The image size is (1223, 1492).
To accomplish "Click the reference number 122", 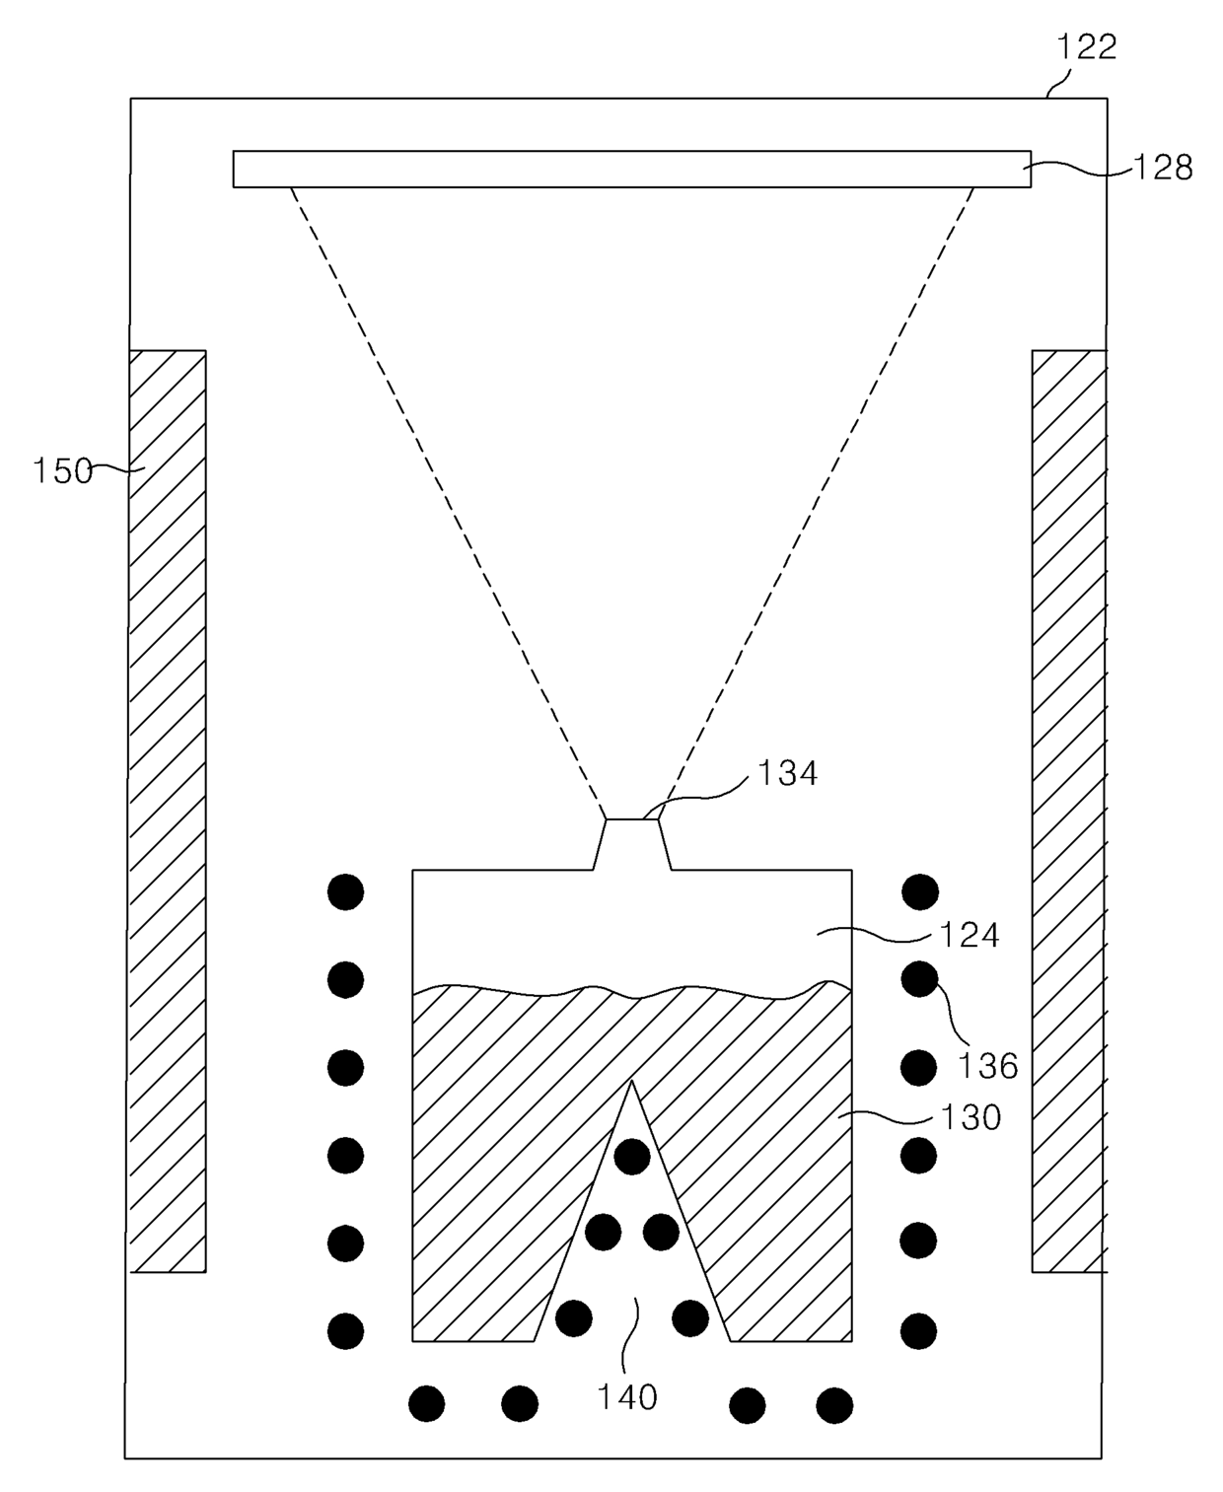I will point(1086,46).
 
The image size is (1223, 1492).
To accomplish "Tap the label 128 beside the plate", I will point(1163,169).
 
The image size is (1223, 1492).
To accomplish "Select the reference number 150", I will point(62,470).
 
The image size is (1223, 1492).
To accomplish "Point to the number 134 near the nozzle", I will point(787,773).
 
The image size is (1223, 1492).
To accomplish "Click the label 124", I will point(971,934).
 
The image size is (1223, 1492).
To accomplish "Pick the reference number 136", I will point(988,1065).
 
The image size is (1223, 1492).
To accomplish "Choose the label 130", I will point(971,1117).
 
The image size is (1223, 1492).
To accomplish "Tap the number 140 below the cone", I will point(627,1396).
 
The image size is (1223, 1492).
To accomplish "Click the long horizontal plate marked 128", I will point(631,169).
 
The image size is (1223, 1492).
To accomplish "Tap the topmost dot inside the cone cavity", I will point(632,1156).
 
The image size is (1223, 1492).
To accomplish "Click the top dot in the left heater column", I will point(345,891).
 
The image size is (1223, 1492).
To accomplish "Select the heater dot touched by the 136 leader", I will point(919,979).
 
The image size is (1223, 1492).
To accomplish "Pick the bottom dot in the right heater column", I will point(919,1330).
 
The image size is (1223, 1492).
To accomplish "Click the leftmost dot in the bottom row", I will point(427,1403).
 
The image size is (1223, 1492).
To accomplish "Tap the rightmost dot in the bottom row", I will point(834,1405).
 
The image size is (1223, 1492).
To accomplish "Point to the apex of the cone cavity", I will point(632,1083).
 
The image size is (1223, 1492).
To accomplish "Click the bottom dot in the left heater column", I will point(345,1330).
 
